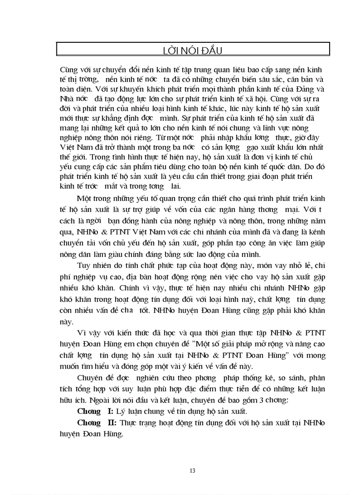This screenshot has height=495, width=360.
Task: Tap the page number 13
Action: click(x=192, y=471)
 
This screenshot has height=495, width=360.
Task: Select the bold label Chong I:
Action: click(x=95, y=411)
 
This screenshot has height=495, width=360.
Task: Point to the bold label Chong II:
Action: click(x=97, y=422)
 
